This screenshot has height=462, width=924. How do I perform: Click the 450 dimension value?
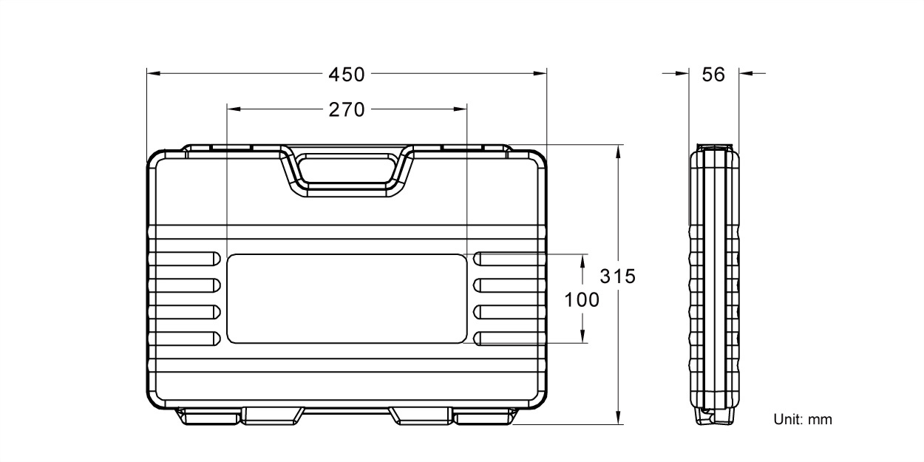point(347,75)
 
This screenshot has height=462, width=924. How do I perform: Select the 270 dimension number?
point(347,109)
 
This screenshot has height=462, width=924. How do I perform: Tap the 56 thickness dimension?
point(713,75)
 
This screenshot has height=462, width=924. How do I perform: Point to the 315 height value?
point(617,276)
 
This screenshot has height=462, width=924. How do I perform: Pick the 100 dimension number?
point(582,300)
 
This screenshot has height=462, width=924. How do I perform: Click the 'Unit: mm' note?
point(803,420)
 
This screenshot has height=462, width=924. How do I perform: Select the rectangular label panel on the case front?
point(347,298)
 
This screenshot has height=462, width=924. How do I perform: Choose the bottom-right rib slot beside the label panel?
point(510,339)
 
